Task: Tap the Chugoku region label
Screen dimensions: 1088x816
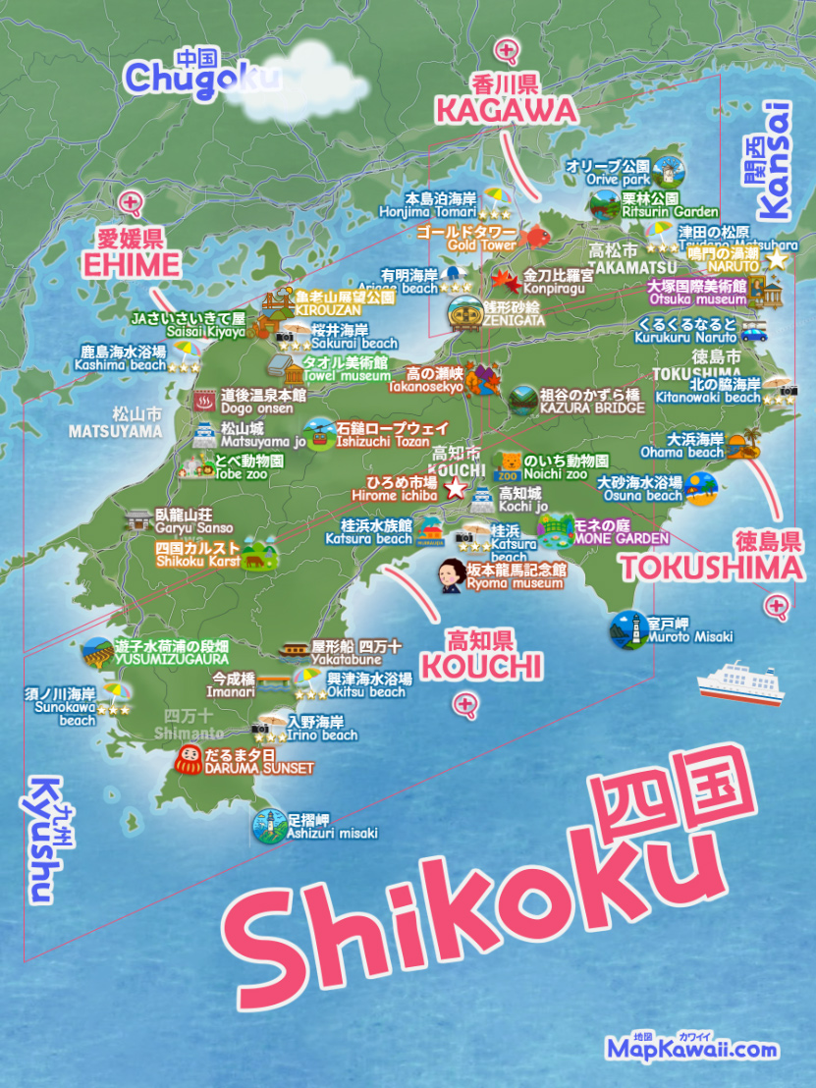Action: (201, 78)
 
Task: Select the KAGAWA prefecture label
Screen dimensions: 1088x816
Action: (506, 110)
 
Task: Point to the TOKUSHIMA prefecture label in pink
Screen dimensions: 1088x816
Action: (711, 568)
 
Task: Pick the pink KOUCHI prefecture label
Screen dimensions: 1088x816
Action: (480, 668)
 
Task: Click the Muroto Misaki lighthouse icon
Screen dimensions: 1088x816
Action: (626, 629)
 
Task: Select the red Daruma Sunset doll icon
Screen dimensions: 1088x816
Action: (188, 760)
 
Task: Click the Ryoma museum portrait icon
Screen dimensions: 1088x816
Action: (451, 575)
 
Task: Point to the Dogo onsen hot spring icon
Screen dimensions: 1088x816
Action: (204, 400)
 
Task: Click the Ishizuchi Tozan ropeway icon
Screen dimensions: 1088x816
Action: (317, 433)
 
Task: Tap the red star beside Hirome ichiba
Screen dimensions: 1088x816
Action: (455, 489)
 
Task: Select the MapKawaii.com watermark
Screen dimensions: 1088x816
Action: (691, 1049)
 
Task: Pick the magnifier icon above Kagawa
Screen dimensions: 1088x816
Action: (507, 50)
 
